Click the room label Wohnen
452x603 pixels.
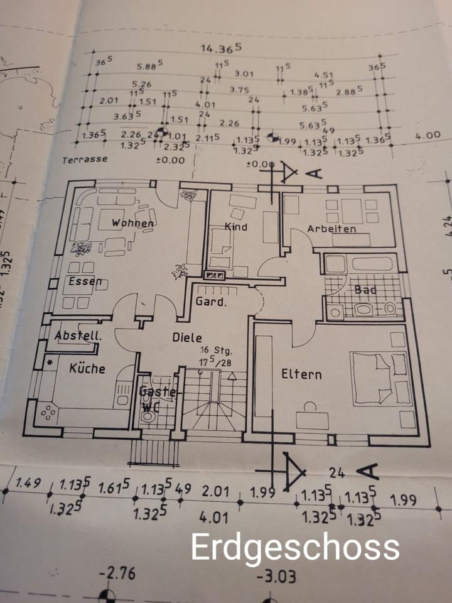click(x=132, y=223)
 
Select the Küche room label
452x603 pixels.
click(x=87, y=368)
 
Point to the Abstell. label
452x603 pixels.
click(x=78, y=335)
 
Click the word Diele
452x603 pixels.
click(x=187, y=337)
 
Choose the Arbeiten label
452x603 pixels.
click(x=331, y=229)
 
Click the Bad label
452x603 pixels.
click(x=365, y=290)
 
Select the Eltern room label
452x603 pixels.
click(x=301, y=375)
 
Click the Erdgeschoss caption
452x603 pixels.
click(x=295, y=547)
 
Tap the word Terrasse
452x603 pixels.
click(x=84, y=160)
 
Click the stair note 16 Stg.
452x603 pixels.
click(x=211, y=350)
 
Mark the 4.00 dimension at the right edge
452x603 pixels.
click(x=428, y=134)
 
